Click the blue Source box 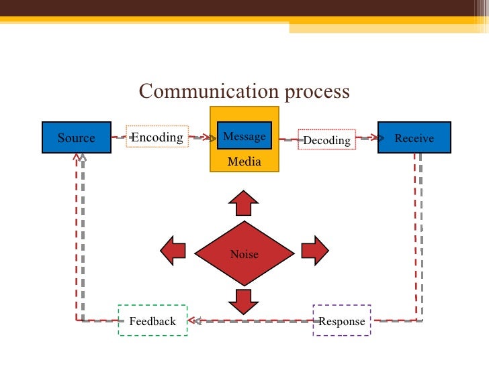click(x=77, y=138)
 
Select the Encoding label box click(x=157, y=137)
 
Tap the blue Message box click(x=244, y=137)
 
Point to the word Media click(x=244, y=162)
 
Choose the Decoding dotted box click(x=326, y=139)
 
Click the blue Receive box click(x=414, y=138)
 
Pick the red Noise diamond click(x=244, y=254)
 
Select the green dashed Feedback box click(x=152, y=320)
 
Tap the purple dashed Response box click(x=342, y=320)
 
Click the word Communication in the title click(x=204, y=90)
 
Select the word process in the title click(x=316, y=91)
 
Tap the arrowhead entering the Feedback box click(x=192, y=320)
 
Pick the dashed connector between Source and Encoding click(x=119, y=137)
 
